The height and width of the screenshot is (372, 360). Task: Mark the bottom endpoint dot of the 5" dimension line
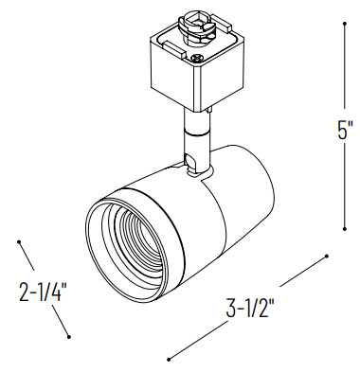tap(344, 228)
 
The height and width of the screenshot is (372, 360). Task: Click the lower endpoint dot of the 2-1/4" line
tap(70, 335)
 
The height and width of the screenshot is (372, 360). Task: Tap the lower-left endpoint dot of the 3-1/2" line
tap(169, 359)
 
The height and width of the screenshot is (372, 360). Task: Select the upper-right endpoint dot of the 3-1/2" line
tap(327, 254)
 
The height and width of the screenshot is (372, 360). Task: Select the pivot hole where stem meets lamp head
tap(197, 170)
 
